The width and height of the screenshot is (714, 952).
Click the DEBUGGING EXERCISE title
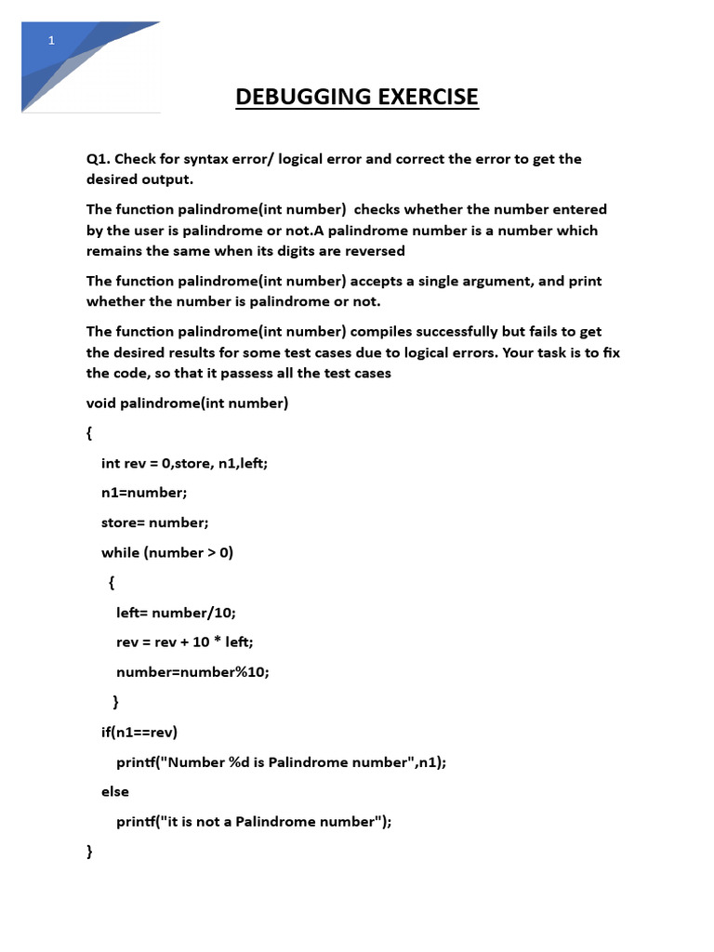coord(357,97)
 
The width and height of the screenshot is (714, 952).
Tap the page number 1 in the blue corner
coord(52,40)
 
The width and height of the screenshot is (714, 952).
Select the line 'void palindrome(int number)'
coord(188,403)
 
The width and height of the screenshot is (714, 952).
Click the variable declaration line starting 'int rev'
coord(184,462)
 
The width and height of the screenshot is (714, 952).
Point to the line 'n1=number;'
coord(144,492)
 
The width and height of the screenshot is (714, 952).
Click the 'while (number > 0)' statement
coord(167,552)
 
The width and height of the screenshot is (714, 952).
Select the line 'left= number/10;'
coord(177,612)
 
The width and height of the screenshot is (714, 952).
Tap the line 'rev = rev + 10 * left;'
coord(184,641)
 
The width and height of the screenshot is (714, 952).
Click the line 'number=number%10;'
coord(192,671)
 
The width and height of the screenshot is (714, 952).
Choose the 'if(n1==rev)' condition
coord(139,732)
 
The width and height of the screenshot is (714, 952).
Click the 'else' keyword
coord(115,791)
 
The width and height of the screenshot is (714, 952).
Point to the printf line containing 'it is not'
coord(254,821)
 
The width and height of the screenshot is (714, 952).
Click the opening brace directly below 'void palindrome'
coord(90,433)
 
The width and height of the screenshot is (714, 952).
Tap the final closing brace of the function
coord(90,851)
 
